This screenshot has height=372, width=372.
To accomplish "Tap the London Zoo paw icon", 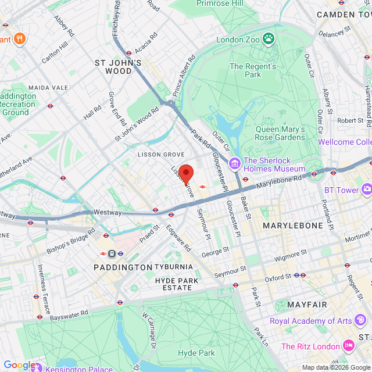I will (x=268, y=39).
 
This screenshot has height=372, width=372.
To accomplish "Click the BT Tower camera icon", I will (x=366, y=189).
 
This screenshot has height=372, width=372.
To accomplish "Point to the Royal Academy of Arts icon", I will (x=361, y=320).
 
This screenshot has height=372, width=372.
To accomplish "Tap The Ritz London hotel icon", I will (x=348, y=346).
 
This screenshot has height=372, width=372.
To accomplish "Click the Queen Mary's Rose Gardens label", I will (x=280, y=133).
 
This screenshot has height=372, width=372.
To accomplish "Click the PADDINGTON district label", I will (x=123, y=267).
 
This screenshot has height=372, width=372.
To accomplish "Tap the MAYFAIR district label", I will (x=306, y=304).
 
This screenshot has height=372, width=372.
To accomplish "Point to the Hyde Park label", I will (x=196, y=353).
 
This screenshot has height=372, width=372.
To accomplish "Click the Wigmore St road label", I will (x=291, y=253).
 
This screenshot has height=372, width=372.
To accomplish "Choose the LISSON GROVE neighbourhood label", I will (x=161, y=155).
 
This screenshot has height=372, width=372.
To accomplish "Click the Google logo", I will (x=19, y=364).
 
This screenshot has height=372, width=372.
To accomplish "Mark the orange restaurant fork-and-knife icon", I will (x=20, y=39).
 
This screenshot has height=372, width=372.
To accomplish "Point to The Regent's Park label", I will (x=253, y=71).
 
